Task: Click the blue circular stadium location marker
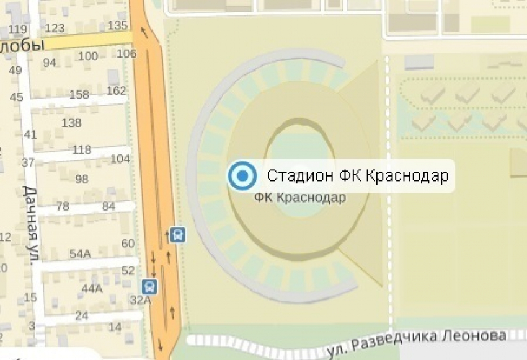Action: point(242,177)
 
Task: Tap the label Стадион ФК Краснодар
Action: point(357,176)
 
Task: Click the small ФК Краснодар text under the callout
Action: point(301,198)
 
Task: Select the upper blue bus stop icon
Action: point(178,235)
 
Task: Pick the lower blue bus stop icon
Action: point(149,287)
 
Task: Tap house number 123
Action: point(55,28)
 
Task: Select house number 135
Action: point(117,25)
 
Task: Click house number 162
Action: point(116,91)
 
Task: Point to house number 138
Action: point(71,123)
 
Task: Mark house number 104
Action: point(120,159)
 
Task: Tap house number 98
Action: point(81,180)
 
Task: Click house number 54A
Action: point(80,253)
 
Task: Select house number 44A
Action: point(92,288)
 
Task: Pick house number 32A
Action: point(140,300)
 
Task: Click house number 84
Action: point(109,206)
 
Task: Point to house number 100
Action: point(88,57)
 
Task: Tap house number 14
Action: point(115,327)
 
